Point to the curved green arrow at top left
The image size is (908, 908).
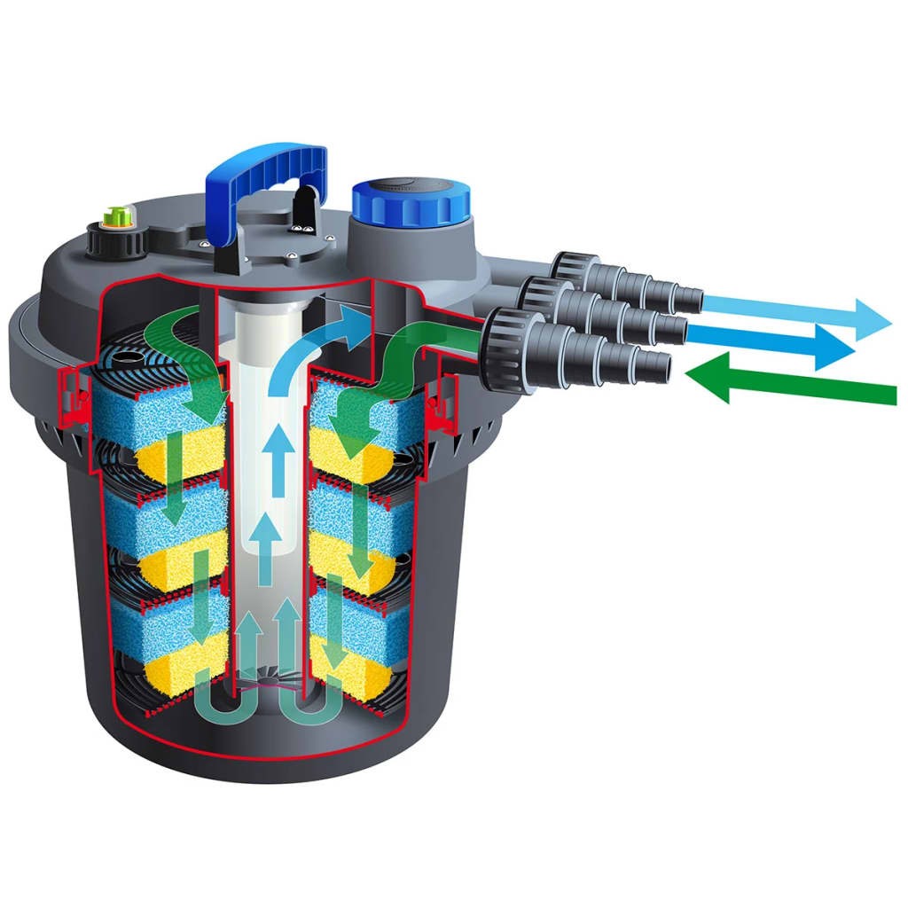coord(182,350)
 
